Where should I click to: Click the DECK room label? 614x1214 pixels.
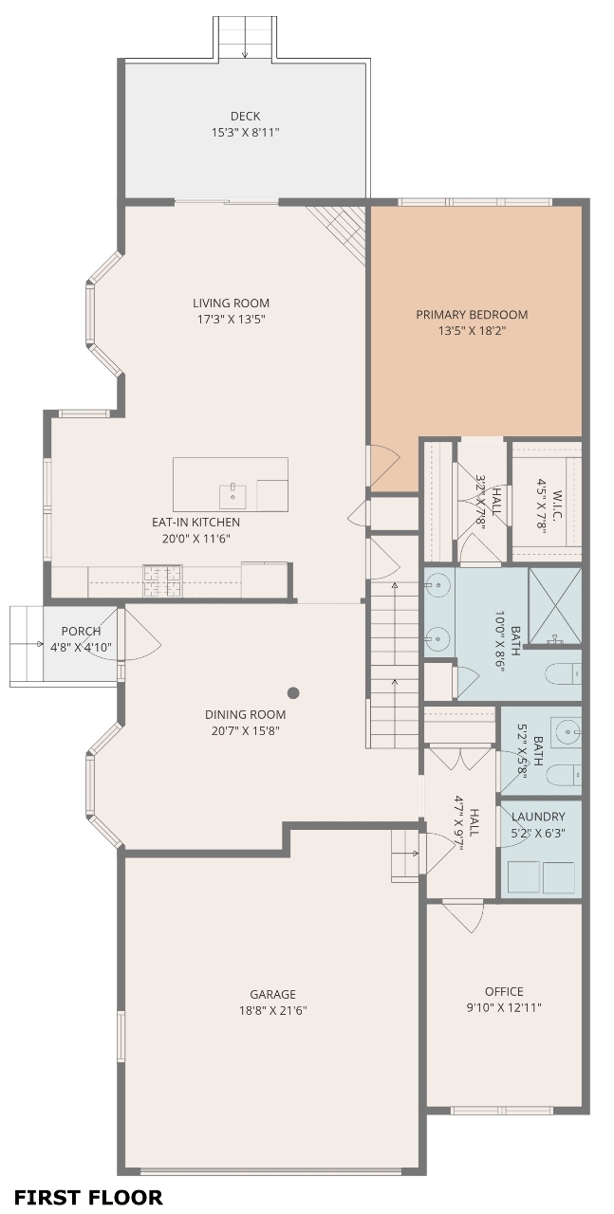[245, 116]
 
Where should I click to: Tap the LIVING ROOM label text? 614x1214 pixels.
[231, 303]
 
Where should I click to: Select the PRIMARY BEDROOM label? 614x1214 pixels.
[472, 314]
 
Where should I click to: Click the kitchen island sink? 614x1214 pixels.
[233, 496]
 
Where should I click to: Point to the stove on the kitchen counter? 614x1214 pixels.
[162, 580]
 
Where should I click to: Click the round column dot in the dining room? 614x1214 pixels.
[293, 692]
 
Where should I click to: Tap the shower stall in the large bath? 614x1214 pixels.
[555, 606]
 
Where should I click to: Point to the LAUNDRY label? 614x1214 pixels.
[538, 817]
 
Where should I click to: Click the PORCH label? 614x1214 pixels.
[81, 631]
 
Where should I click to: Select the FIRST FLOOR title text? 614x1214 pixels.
[88, 1197]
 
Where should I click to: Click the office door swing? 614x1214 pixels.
[463, 914]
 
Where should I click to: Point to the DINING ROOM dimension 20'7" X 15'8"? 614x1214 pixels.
[245, 730]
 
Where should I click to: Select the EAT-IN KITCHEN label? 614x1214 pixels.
[195, 522]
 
